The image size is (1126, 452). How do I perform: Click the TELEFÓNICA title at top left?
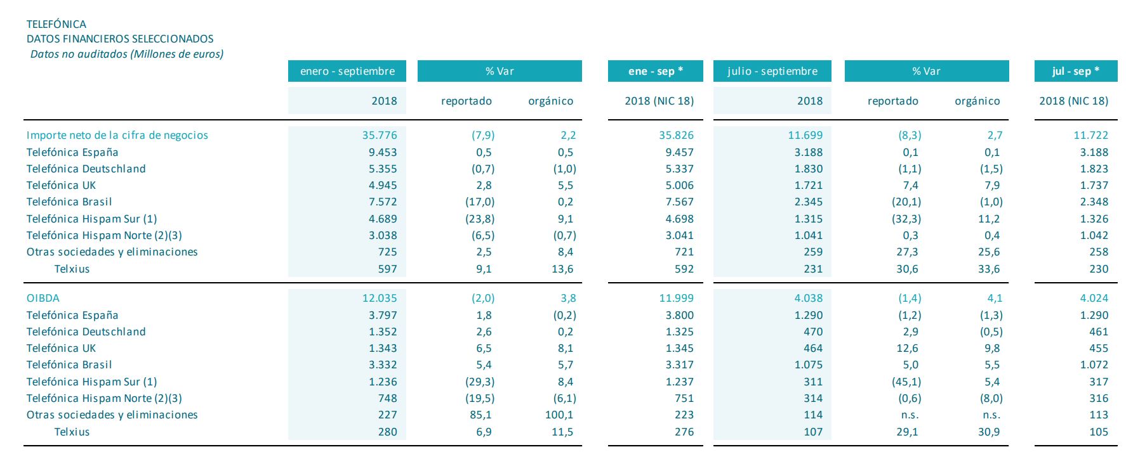click(x=56, y=24)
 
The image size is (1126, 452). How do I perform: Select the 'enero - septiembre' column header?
click(x=347, y=71)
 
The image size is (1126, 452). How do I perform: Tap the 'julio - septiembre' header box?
click(x=772, y=71)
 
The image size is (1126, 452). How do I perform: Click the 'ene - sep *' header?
click(x=655, y=71)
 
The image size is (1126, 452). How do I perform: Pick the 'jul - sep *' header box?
click(x=1075, y=71)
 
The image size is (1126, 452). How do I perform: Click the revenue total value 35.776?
click(x=379, y=135)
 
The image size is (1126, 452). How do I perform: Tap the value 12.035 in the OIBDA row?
click(x=379, y=298)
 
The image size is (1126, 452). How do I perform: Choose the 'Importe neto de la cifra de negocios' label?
click(x=117, y=135)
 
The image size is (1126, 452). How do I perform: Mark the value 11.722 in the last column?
click(x=1090, y=135)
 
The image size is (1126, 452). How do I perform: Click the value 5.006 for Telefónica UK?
click(x=676, y=185)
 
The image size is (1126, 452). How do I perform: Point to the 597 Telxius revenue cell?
click(x=387, y=269)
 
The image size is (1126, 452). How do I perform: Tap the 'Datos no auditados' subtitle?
click(x=126, y=54)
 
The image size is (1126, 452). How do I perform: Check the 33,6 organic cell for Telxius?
click(x=988, y=269)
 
